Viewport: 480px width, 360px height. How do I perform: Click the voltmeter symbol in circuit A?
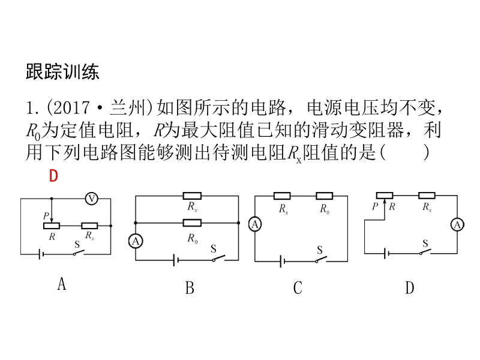coord(91,198)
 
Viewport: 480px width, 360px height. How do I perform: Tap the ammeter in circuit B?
coord(136,241)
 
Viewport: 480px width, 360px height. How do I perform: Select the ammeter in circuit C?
coord(255,224)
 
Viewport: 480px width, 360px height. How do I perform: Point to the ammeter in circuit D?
coord(457,224)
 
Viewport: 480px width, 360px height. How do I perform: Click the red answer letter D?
coord(53,176)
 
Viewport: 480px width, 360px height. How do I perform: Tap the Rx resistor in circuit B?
coord(192,196)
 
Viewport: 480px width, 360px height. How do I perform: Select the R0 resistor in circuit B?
coord(192,223)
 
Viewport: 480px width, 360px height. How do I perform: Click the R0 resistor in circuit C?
coord(324,196)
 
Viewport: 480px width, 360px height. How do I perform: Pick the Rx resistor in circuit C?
coord(283,196)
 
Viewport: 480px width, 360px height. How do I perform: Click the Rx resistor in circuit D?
coord(427,195)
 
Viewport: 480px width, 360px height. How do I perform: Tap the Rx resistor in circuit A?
coord(89,226)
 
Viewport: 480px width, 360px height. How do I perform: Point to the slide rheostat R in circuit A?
coord(52,226)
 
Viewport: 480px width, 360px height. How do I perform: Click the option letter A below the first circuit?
coord(61,284)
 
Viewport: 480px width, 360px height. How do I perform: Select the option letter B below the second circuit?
coord(190,289)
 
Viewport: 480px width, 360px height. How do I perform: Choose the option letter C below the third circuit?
coord(298,289)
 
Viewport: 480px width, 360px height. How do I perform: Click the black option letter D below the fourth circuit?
coord(409,289)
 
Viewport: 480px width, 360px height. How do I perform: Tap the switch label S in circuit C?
coord(320,250)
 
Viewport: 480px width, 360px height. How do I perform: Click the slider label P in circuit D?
coord(375,206)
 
